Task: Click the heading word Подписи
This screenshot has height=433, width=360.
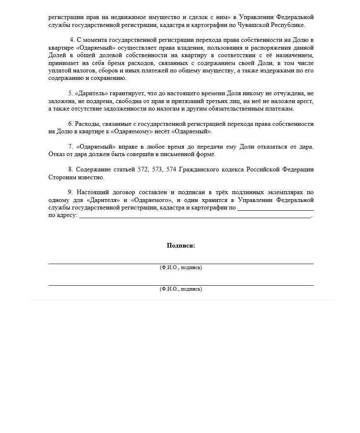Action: pos(181,245)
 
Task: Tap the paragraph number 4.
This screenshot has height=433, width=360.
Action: pos(72,40)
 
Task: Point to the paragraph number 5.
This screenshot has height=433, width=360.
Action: pos(70,94)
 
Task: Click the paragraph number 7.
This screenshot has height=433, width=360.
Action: pos(70,147)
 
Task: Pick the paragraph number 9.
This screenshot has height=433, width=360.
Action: pos(70,192)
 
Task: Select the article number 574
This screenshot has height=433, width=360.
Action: pos(171,170)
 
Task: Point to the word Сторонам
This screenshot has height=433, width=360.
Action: pos(62,177)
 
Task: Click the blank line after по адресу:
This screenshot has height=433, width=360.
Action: pos(194,216)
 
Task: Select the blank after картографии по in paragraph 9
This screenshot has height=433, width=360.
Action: pos(275,208)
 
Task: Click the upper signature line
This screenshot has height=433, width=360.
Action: pos(181,263)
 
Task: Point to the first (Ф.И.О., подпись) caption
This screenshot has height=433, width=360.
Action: pos(181,267)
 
